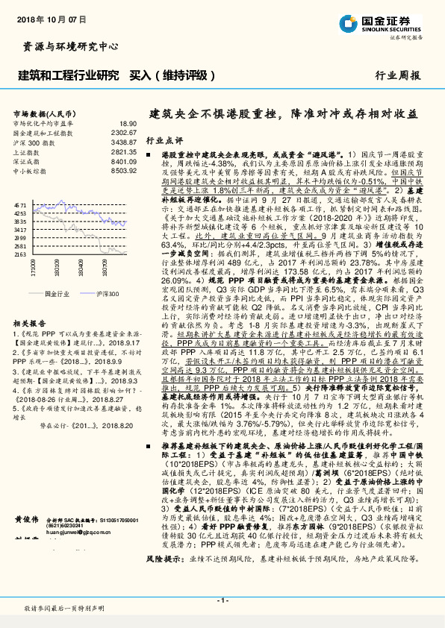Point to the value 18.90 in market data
(127, 123)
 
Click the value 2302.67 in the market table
(124, 132)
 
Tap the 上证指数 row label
(27, 151)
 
